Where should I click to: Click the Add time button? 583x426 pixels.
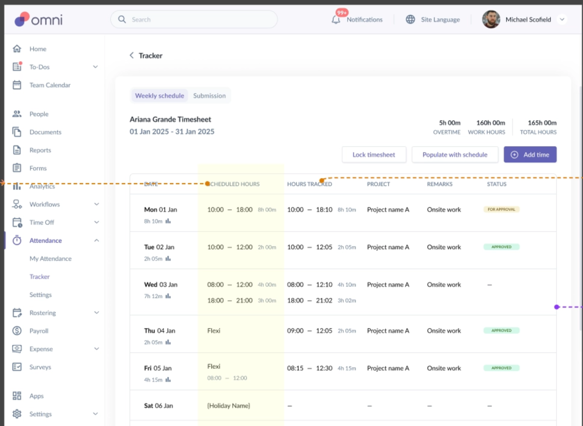click(530, 154)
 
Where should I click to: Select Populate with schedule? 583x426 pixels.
click(455, 154)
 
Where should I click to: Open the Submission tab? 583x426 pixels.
click(209, 96)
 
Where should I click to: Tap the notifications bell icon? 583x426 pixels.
click(336, 20)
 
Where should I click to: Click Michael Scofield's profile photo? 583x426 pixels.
click(491, 19)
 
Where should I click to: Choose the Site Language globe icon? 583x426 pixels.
click(410, 19)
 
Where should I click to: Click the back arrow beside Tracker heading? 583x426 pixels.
click(132, 55)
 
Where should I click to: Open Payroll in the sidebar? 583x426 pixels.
click(39, 331)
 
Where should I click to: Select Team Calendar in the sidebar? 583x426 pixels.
click(50, 85)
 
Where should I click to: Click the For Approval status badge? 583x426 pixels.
click(501, 209)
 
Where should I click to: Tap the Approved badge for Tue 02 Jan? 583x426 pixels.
click(501, 247)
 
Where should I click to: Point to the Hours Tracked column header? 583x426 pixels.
click(309, 184)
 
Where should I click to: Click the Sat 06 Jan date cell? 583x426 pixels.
click(158, 405)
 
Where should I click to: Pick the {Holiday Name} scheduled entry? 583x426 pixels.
click(228, 405)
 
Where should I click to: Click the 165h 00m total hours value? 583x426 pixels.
click(542, 123)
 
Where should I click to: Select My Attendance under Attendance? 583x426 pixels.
click(50, 259)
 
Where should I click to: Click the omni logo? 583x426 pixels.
click(38, 19)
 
